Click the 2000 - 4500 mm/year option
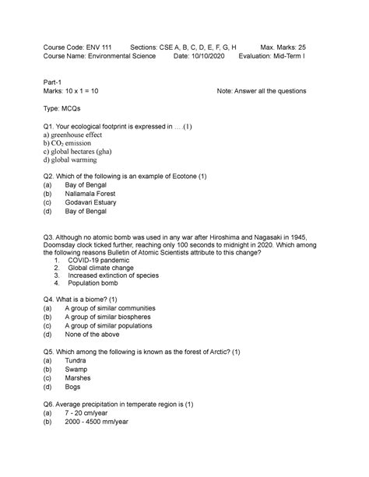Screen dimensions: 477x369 [x=107, y=433]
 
